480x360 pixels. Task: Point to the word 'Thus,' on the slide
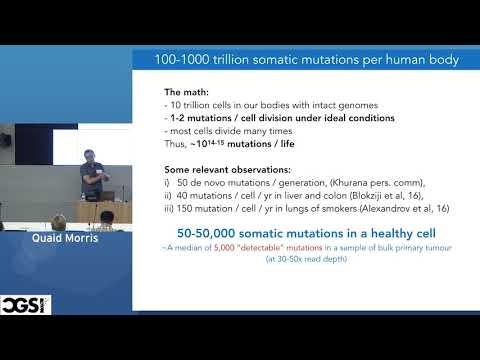177,143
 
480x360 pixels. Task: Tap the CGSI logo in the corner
25,303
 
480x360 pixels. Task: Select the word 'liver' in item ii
292,197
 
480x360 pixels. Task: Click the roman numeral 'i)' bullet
167,183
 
